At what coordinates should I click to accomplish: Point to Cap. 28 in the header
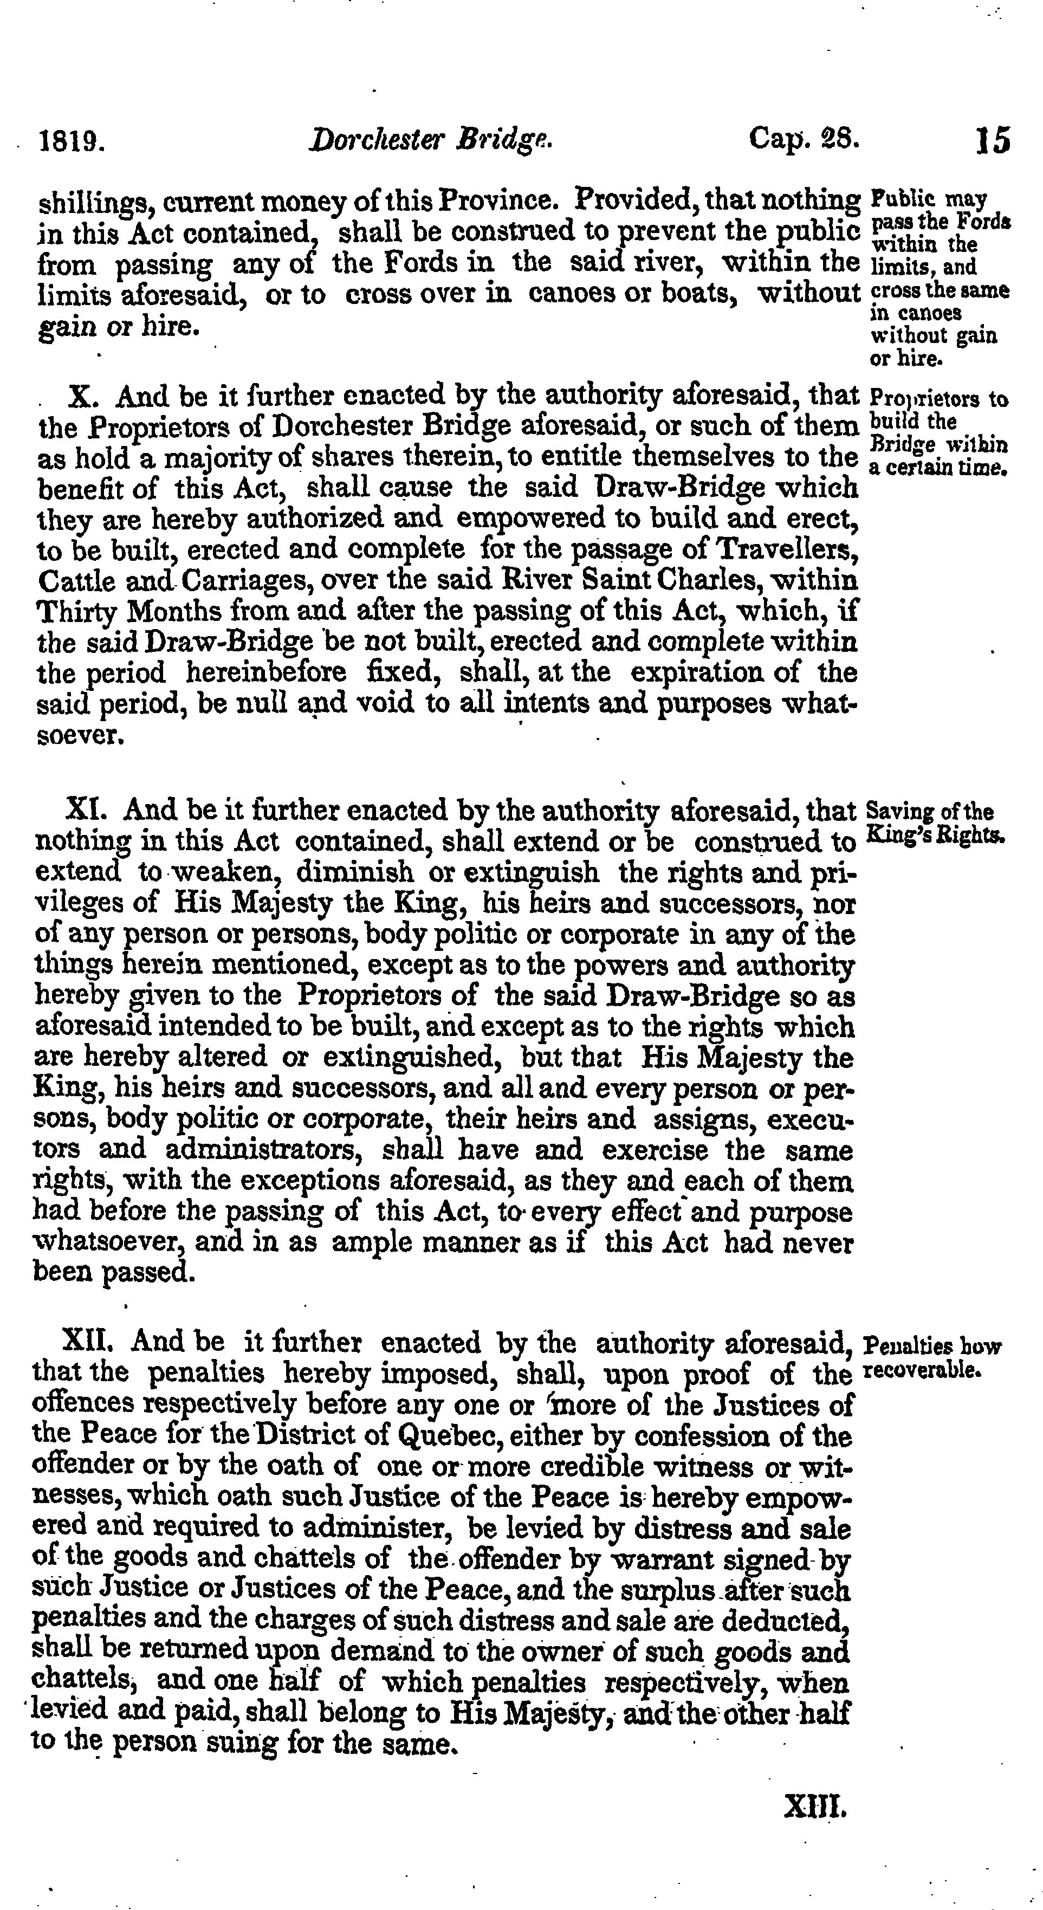point(804,139)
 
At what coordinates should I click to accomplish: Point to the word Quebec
point(441,1437)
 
